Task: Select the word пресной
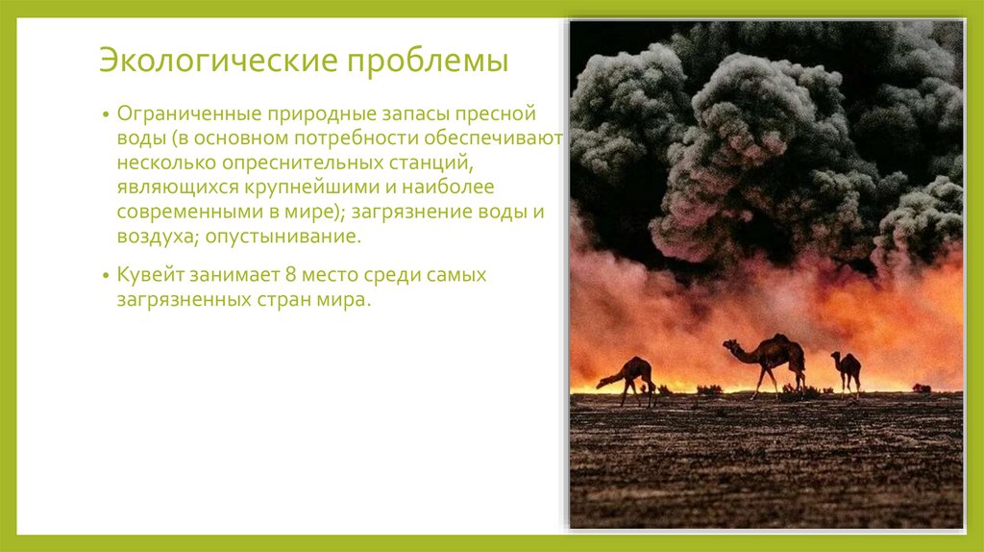pyautogui.click(x=502, y=114)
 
